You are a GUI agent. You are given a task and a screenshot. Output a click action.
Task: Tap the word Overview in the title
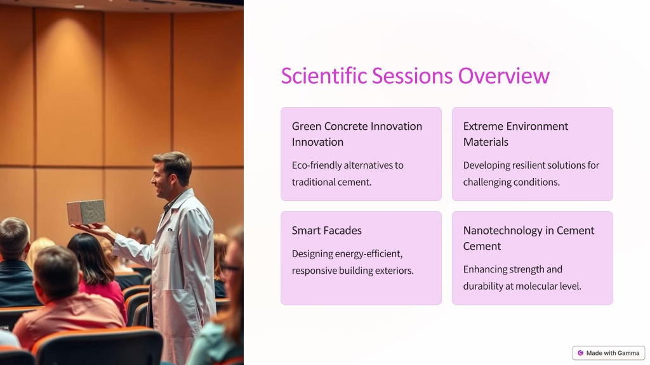503,76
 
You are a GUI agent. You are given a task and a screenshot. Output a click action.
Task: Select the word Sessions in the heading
412,76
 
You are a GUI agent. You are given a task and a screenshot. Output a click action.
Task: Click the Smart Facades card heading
327,231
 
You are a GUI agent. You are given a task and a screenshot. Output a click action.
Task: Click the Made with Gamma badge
609,353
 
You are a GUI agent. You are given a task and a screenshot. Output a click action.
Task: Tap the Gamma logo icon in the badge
580,353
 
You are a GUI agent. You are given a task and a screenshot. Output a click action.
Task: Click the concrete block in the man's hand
86,212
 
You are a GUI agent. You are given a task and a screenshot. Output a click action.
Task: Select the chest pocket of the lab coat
169,241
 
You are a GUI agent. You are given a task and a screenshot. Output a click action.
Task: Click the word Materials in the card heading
486,142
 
